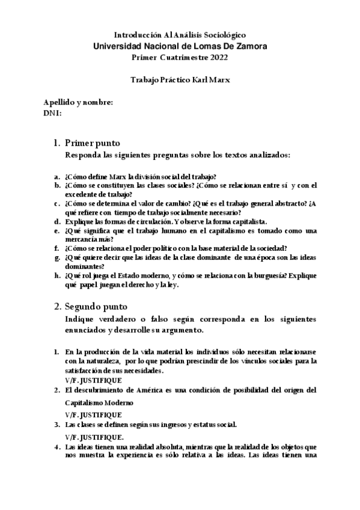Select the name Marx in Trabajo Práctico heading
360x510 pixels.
218,79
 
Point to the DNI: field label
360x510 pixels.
53,112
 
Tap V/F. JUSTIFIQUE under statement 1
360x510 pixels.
93,380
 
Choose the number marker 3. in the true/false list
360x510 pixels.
57,425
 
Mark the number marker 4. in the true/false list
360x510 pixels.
57,447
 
